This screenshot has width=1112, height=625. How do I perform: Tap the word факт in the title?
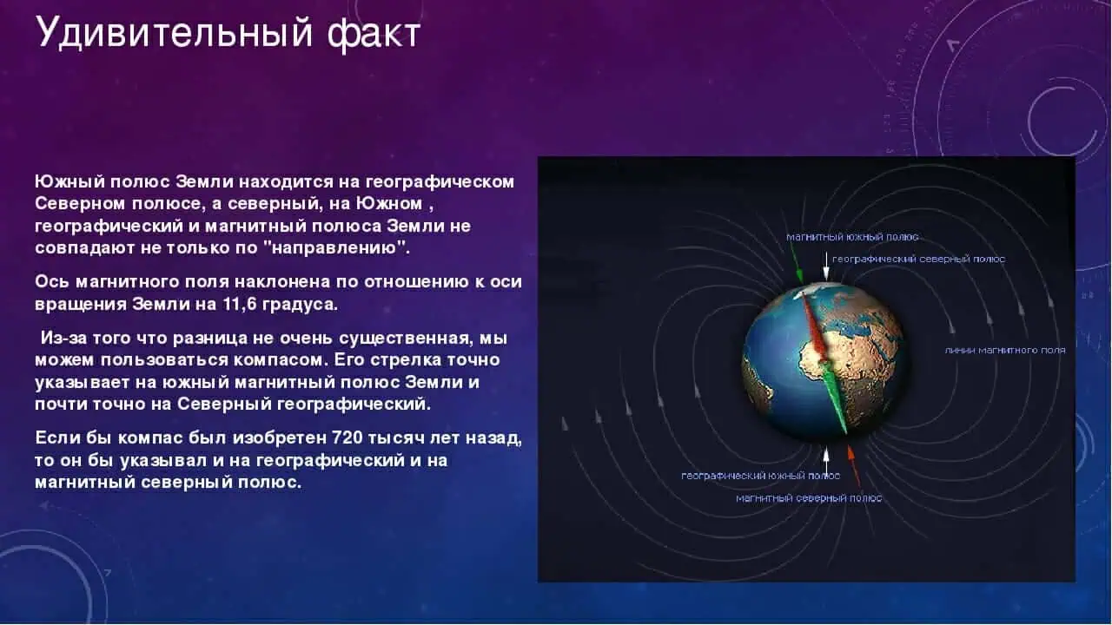374,34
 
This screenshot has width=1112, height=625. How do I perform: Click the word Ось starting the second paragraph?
50,282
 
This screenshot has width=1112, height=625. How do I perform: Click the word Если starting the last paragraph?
57,437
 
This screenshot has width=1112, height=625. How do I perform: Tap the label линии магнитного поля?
1004,350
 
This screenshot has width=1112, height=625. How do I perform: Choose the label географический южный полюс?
760,476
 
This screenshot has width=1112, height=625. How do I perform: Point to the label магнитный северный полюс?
808,498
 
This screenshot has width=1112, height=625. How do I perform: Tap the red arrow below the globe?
854,464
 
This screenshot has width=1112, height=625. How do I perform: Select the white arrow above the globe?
825,269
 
